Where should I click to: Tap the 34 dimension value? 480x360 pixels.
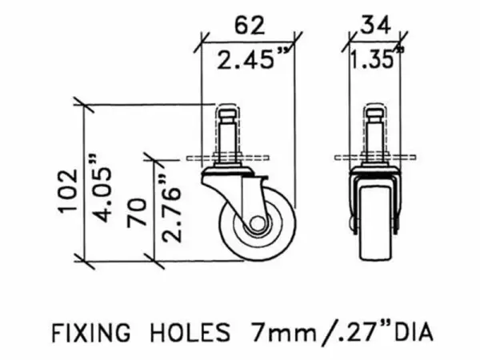(374, 25)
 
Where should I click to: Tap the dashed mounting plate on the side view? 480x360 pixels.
(226, 158)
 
